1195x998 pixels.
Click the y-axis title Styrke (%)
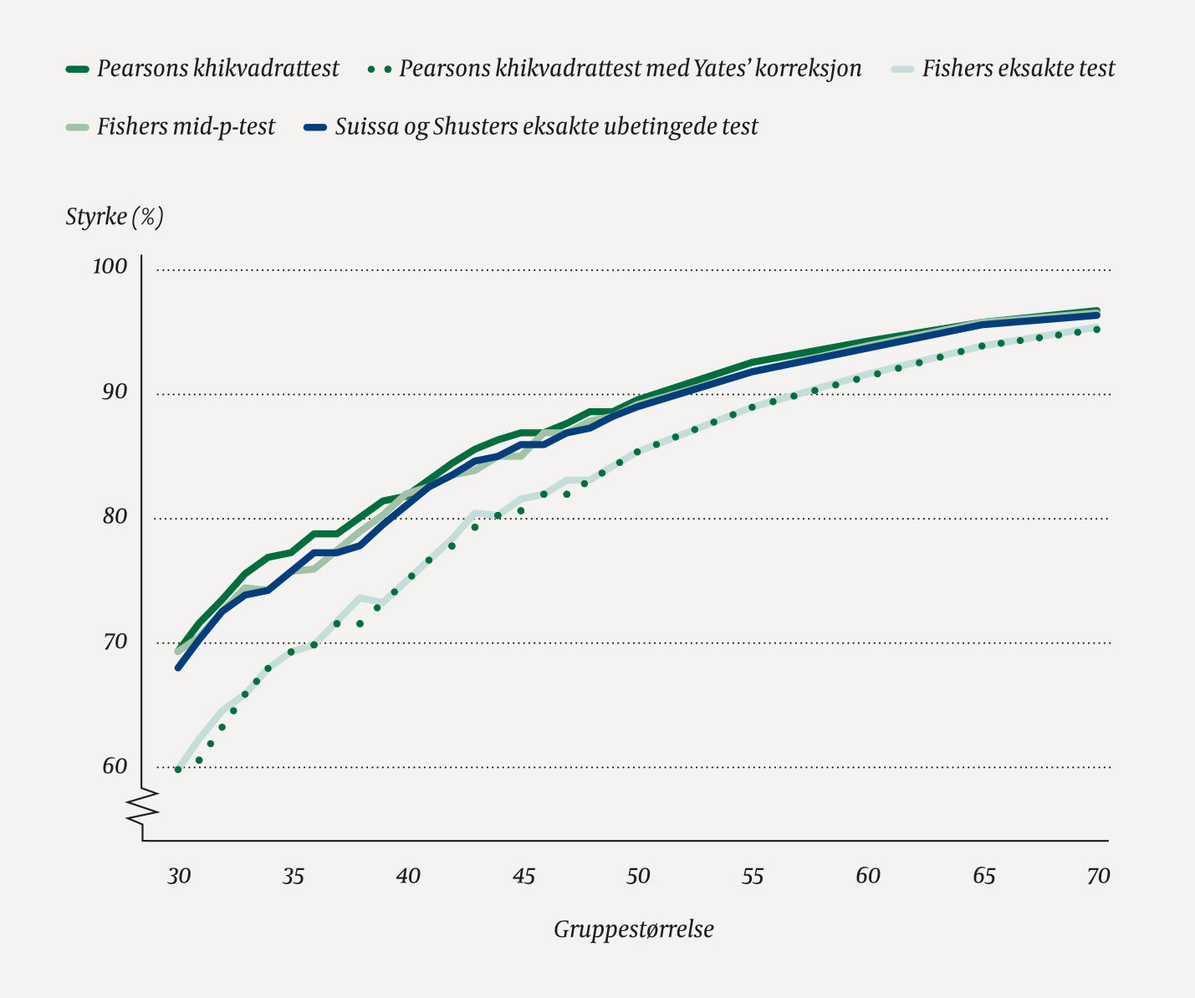115,217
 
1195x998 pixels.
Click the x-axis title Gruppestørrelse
634,929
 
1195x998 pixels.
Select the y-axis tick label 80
114,516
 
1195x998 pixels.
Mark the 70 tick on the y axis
114,642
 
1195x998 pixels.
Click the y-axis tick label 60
114,765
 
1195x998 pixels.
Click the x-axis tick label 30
178,876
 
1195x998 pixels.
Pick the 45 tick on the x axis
523,876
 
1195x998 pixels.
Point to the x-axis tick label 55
753,876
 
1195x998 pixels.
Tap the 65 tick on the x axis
983,876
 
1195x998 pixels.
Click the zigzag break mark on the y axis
142,805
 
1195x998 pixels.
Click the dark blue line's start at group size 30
178,668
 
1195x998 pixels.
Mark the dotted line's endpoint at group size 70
1096,330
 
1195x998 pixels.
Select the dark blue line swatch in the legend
314,127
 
